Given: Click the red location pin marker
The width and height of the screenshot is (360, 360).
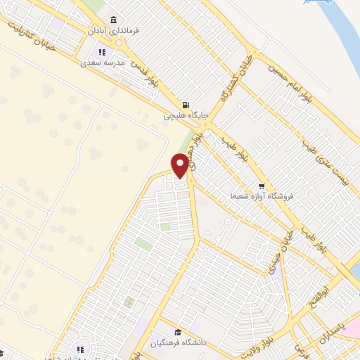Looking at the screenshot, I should tap(181, 165).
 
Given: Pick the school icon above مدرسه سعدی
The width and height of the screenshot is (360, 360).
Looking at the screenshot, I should tap(103, 52).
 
